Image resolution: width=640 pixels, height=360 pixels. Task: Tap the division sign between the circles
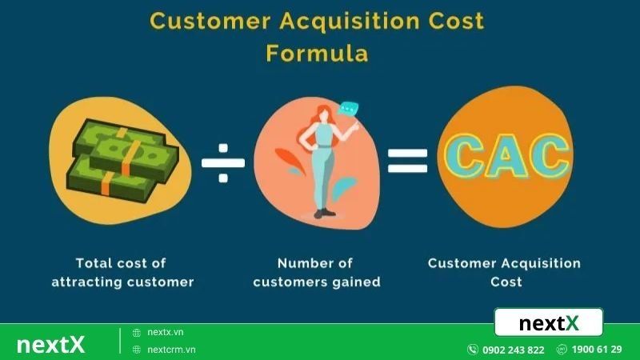(x=223, y=159)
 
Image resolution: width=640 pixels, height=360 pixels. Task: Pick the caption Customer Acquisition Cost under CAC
(x=505, y=272)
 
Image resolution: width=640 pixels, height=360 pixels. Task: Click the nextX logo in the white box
(x=549, y=323)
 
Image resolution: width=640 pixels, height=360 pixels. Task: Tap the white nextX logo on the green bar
(x=50, y=344)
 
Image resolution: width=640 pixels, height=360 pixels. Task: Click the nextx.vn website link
(x=166, y=332)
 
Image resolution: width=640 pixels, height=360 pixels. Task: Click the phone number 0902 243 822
(x=513, y=350)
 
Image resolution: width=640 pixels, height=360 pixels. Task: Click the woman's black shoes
(x=322, y=212)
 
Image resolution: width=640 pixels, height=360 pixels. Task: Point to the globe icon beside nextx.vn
(x=137, y=332)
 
